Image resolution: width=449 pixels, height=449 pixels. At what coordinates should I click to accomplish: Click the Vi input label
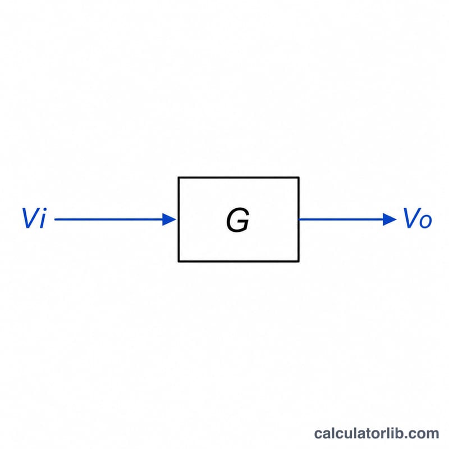34,218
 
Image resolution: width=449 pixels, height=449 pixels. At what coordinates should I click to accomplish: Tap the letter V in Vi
30,218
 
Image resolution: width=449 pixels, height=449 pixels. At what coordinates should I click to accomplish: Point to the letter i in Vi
43,218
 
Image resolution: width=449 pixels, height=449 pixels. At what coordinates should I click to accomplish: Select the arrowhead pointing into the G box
169,219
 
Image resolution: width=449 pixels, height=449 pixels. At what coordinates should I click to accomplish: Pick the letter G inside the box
237,220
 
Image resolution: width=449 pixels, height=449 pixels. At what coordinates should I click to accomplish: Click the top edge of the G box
239,177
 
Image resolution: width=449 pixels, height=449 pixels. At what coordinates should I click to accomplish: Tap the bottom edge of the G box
239,261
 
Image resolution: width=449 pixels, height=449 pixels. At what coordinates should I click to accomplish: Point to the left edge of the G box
178,219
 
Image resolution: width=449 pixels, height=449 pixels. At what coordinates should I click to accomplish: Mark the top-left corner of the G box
178,177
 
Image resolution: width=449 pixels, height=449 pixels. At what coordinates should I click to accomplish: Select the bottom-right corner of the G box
299,261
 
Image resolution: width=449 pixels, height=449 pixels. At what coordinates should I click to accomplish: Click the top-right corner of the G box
299,177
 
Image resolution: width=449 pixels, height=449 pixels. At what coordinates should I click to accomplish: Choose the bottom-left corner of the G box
178,261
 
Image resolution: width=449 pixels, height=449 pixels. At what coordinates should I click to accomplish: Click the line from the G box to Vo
348,219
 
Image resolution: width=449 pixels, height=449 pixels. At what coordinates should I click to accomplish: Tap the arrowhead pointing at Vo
390,219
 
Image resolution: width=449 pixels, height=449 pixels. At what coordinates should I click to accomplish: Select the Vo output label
418,218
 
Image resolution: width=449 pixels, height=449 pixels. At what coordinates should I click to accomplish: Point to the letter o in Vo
426,221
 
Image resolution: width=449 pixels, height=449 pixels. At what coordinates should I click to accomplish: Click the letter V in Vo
411,218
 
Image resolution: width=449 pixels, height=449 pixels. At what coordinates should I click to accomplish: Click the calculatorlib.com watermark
377,433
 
